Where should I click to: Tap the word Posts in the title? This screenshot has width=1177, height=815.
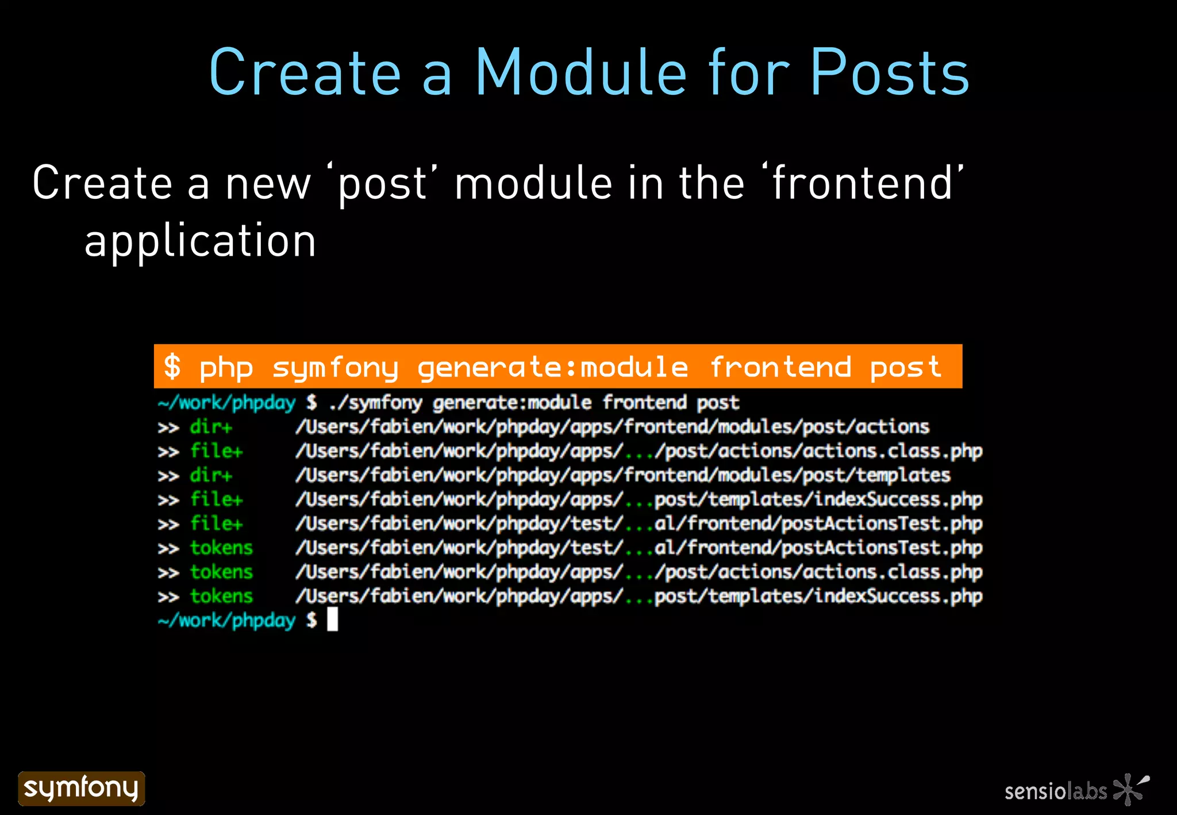coord(890,73)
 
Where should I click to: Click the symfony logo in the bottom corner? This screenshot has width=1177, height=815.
coord(82,788)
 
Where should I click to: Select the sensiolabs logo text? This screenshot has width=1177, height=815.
coord(1055,791)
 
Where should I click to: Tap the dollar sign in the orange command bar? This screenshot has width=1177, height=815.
coord(172,367)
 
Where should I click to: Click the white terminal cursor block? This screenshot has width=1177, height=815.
coord(332,620)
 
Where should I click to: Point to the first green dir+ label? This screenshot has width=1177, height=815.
coord(211,427)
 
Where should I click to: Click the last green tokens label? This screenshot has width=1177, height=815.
coord(221,596)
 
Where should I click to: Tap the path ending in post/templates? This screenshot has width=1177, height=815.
coord(622,475)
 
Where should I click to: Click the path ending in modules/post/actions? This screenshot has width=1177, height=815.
coord(612,427)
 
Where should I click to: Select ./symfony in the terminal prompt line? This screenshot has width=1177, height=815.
coord(375,403)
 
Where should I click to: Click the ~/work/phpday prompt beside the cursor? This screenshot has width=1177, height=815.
coord(226,621)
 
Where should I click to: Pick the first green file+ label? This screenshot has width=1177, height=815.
coord(216,451)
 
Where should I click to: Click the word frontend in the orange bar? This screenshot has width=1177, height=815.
coord(780,367)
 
